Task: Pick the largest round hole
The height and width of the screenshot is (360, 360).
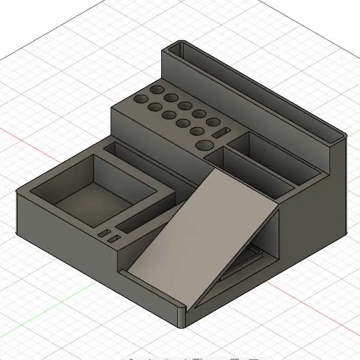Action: pos(205,145)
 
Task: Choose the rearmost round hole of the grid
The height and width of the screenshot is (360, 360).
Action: pos(157,89)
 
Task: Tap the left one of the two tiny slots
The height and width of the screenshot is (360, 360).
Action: pos(104,234)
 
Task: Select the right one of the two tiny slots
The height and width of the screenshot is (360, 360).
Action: pos(114,238)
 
